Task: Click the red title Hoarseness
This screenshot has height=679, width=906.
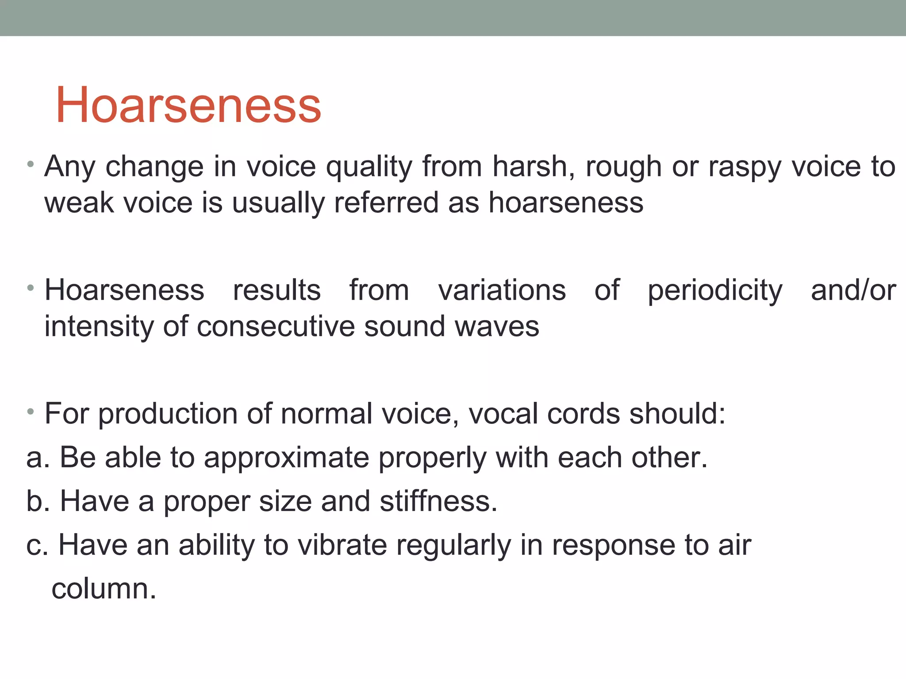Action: coord(188,105)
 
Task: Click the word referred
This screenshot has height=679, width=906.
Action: coord(386,203)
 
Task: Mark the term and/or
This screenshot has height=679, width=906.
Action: coord(853,290)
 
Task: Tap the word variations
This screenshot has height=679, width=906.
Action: coord(502,290)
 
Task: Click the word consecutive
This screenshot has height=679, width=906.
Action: coord(276,327)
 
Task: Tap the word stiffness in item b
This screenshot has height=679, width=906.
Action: coord(438,501)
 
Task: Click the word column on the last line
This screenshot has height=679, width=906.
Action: coord(104,589)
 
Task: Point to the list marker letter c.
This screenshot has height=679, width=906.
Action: coord(35,545)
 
